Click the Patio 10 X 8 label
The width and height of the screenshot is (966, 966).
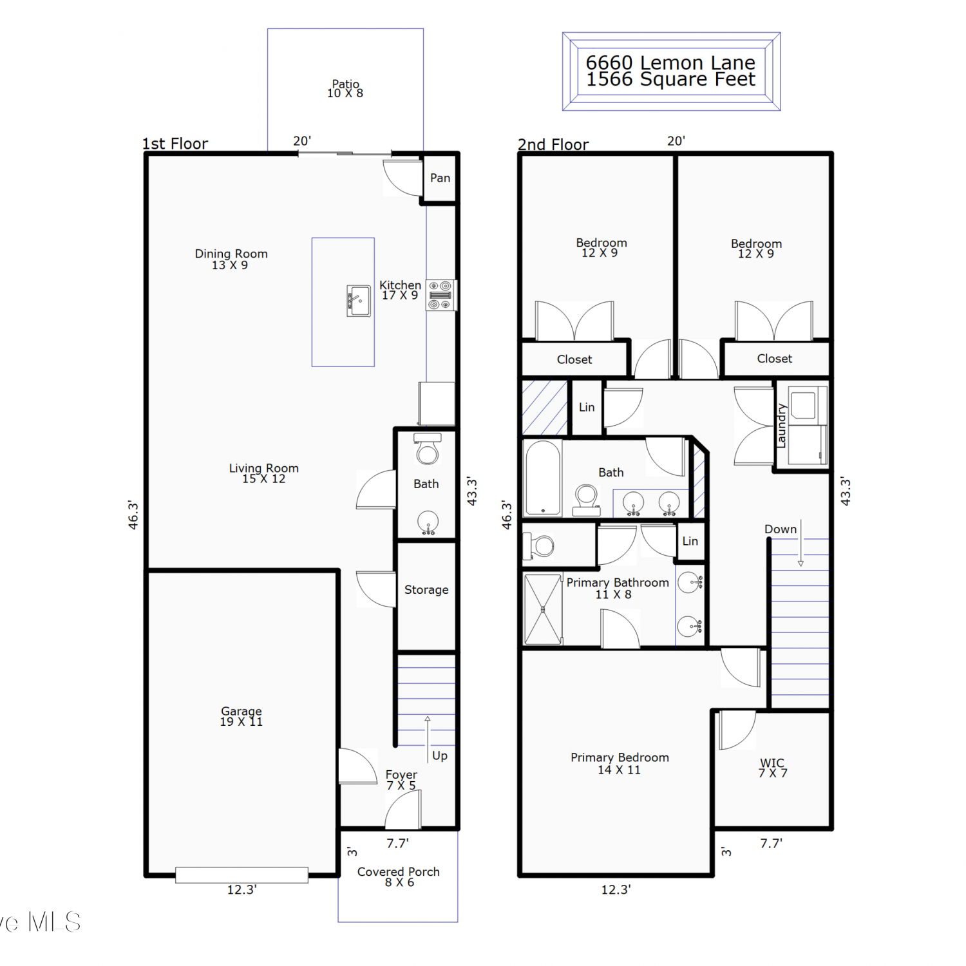345,88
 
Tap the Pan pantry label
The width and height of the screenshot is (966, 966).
440,178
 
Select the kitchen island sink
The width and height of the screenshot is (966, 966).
359,301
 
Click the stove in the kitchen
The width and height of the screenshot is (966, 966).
440,295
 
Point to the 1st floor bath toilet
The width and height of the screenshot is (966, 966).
427,450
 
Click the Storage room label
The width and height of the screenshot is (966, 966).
426,590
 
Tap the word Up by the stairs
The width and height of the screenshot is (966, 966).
440,755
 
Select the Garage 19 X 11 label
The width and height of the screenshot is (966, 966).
241,716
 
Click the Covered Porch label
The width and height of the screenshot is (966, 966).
399,876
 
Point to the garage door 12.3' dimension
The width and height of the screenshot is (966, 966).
242,889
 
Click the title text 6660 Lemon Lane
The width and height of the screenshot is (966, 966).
670,62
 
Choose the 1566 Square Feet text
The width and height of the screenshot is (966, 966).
670,79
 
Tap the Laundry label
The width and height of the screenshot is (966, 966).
781,426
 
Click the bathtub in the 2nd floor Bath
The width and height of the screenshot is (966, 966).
543,477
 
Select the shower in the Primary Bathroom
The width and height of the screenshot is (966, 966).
543,609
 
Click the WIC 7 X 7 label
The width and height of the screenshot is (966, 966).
772,768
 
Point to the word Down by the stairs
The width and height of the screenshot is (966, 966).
781,529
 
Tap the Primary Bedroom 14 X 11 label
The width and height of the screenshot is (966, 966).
620,764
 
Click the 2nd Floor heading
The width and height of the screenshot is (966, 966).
553,144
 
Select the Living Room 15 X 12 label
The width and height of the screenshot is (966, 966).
264,473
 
